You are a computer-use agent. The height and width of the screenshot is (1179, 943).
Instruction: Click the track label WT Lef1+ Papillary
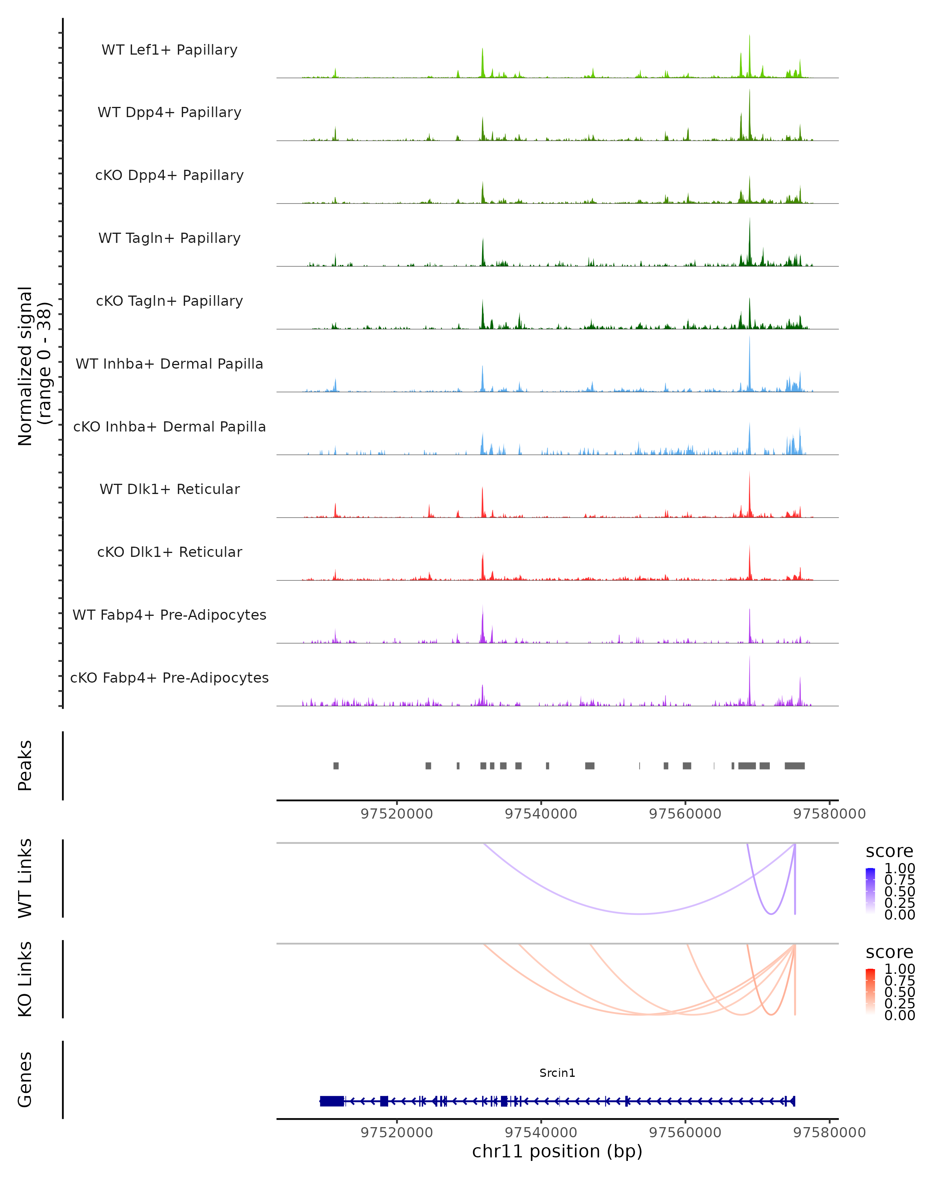(169, 50)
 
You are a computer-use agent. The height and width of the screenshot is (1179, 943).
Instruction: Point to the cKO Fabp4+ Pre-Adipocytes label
(169, 678)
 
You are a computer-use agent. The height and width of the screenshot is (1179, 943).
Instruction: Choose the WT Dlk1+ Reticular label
(169, 489)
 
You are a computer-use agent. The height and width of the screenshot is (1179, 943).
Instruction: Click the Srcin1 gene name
(557, 1073)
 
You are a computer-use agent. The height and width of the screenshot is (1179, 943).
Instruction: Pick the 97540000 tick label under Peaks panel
(541, 814)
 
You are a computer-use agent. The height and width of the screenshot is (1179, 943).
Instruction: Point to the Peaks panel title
(25, 766)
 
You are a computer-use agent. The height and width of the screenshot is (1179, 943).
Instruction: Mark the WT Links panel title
(25, 878)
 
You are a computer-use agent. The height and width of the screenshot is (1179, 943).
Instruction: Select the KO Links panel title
(25, 979)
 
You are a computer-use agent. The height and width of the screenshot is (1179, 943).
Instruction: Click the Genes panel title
(25, 1080)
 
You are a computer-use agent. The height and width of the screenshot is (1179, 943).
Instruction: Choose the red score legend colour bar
(870, 992)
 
